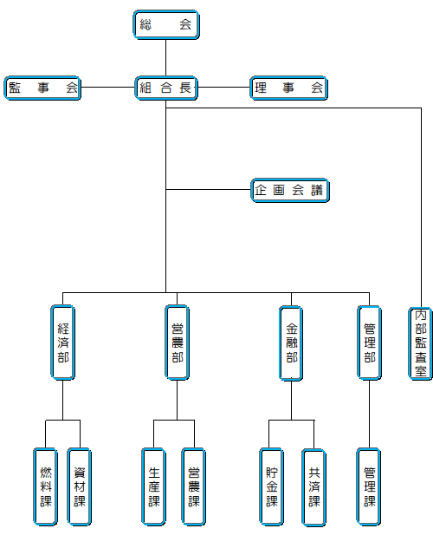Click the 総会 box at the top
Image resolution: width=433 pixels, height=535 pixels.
pos(166,24)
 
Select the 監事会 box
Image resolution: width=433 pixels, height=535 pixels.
pos(42,88)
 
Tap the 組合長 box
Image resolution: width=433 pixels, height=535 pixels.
pos(166,88)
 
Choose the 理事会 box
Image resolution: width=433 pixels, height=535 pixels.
pos(289,88)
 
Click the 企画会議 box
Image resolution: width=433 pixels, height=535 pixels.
pos(290,190)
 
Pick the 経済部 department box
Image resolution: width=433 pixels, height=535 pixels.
pos(63,343)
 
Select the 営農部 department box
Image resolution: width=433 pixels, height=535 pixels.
pos(178,343)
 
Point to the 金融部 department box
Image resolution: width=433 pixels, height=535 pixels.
pos(291,343)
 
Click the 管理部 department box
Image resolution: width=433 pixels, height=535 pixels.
pos(369,343)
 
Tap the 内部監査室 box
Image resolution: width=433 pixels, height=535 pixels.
pos(420,343)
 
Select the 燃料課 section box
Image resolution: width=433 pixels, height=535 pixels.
pos(45,487)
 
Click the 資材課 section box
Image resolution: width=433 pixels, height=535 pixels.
pos(80,487)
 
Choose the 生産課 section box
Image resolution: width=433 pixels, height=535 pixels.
pos(153,487)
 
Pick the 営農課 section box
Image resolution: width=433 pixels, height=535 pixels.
pos(194,487)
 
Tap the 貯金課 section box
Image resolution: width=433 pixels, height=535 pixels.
pos(272,487)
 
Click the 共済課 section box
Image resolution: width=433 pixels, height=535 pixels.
pos(313,487)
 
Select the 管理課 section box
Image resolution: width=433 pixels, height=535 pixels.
pos(369,487)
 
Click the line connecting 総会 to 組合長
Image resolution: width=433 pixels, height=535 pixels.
pos(166,58)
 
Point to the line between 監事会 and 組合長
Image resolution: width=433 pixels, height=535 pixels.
pos(108,88)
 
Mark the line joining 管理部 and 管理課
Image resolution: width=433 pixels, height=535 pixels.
pos(369,414)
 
